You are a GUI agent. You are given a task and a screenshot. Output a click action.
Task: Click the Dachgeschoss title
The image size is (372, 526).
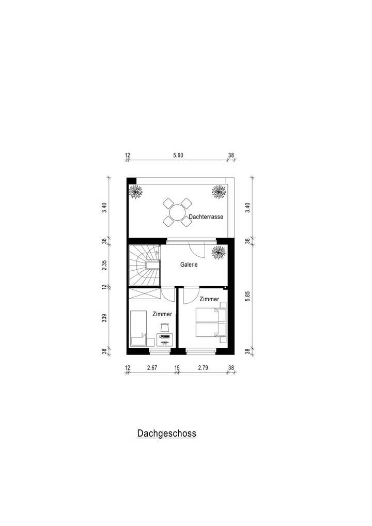pos(166,434)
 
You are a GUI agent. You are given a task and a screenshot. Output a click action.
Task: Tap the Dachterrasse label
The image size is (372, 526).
pos(206,217)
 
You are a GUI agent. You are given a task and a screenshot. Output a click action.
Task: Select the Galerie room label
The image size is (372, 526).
pos(189,264)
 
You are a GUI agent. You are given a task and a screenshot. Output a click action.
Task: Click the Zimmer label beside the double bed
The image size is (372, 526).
pos(209,299)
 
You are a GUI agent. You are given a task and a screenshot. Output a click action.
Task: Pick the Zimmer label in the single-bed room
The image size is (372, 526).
pos(162,314)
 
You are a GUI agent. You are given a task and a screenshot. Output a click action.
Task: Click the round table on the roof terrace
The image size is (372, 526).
pos(177,212)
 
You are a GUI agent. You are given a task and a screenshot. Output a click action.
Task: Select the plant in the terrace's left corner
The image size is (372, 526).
pos(136,192)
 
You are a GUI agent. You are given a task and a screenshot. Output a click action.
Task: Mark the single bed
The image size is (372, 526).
pos(138,327)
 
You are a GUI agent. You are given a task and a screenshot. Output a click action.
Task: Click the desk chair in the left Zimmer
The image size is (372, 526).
pos(165,327)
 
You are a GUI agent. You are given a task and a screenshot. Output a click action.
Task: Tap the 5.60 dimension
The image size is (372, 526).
pos(178,155)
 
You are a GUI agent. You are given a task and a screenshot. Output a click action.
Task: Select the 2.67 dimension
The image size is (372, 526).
pos(152,368)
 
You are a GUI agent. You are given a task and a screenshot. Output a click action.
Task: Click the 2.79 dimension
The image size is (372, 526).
pos(204,368)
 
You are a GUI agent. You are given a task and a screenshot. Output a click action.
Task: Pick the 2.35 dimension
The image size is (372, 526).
pos(104,265)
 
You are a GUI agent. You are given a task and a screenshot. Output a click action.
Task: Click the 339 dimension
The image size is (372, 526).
pos(104,317)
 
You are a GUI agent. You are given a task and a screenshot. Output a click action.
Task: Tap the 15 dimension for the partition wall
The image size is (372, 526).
pos(177,368)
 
